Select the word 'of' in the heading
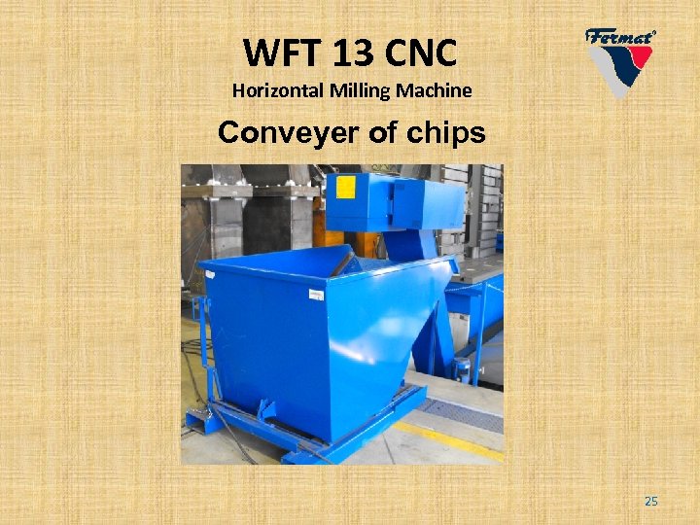[x=375, y=133]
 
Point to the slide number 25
[x=651, y=501]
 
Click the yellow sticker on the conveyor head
[x=346, y=186]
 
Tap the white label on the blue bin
[x=317, y=295]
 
